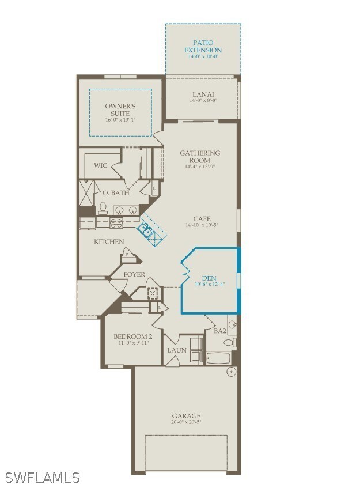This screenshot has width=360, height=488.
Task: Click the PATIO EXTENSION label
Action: click(203, 47)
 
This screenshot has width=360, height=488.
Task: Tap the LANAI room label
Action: click(203, 94)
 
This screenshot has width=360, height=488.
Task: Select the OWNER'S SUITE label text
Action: click(120, 109)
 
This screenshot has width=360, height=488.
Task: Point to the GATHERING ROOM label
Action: click(200, 156)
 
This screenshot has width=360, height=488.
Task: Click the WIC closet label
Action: click(100, 165)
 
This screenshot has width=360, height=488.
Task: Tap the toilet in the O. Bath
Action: click(103, 207)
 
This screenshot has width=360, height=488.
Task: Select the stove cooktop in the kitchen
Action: click(117, 222)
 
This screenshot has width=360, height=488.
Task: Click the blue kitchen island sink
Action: click(146, 230)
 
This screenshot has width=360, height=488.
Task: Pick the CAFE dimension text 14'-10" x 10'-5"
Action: click(202, 225)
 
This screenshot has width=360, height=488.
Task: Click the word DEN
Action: click(209, 278)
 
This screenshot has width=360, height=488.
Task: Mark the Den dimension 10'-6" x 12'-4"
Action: click(209, 284)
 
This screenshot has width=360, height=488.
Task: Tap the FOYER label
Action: click(134, 274)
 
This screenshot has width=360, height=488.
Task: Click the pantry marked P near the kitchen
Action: click(126, 254)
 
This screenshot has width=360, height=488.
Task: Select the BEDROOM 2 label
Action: click(132, 336)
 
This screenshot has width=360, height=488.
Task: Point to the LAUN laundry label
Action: click(176, 350)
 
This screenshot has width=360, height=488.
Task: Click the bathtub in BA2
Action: click(218, 358)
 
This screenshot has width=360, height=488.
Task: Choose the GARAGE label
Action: click(186, 415)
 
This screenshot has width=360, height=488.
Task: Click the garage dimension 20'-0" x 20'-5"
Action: click(186, 422)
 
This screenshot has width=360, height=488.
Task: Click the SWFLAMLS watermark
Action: click(43, 477)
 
